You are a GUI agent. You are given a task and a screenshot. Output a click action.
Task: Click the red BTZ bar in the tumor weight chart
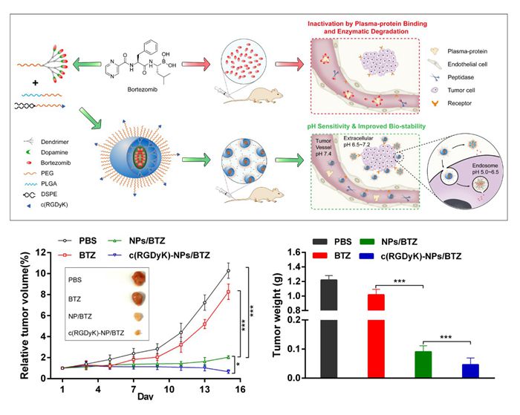[x=376, y=334]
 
